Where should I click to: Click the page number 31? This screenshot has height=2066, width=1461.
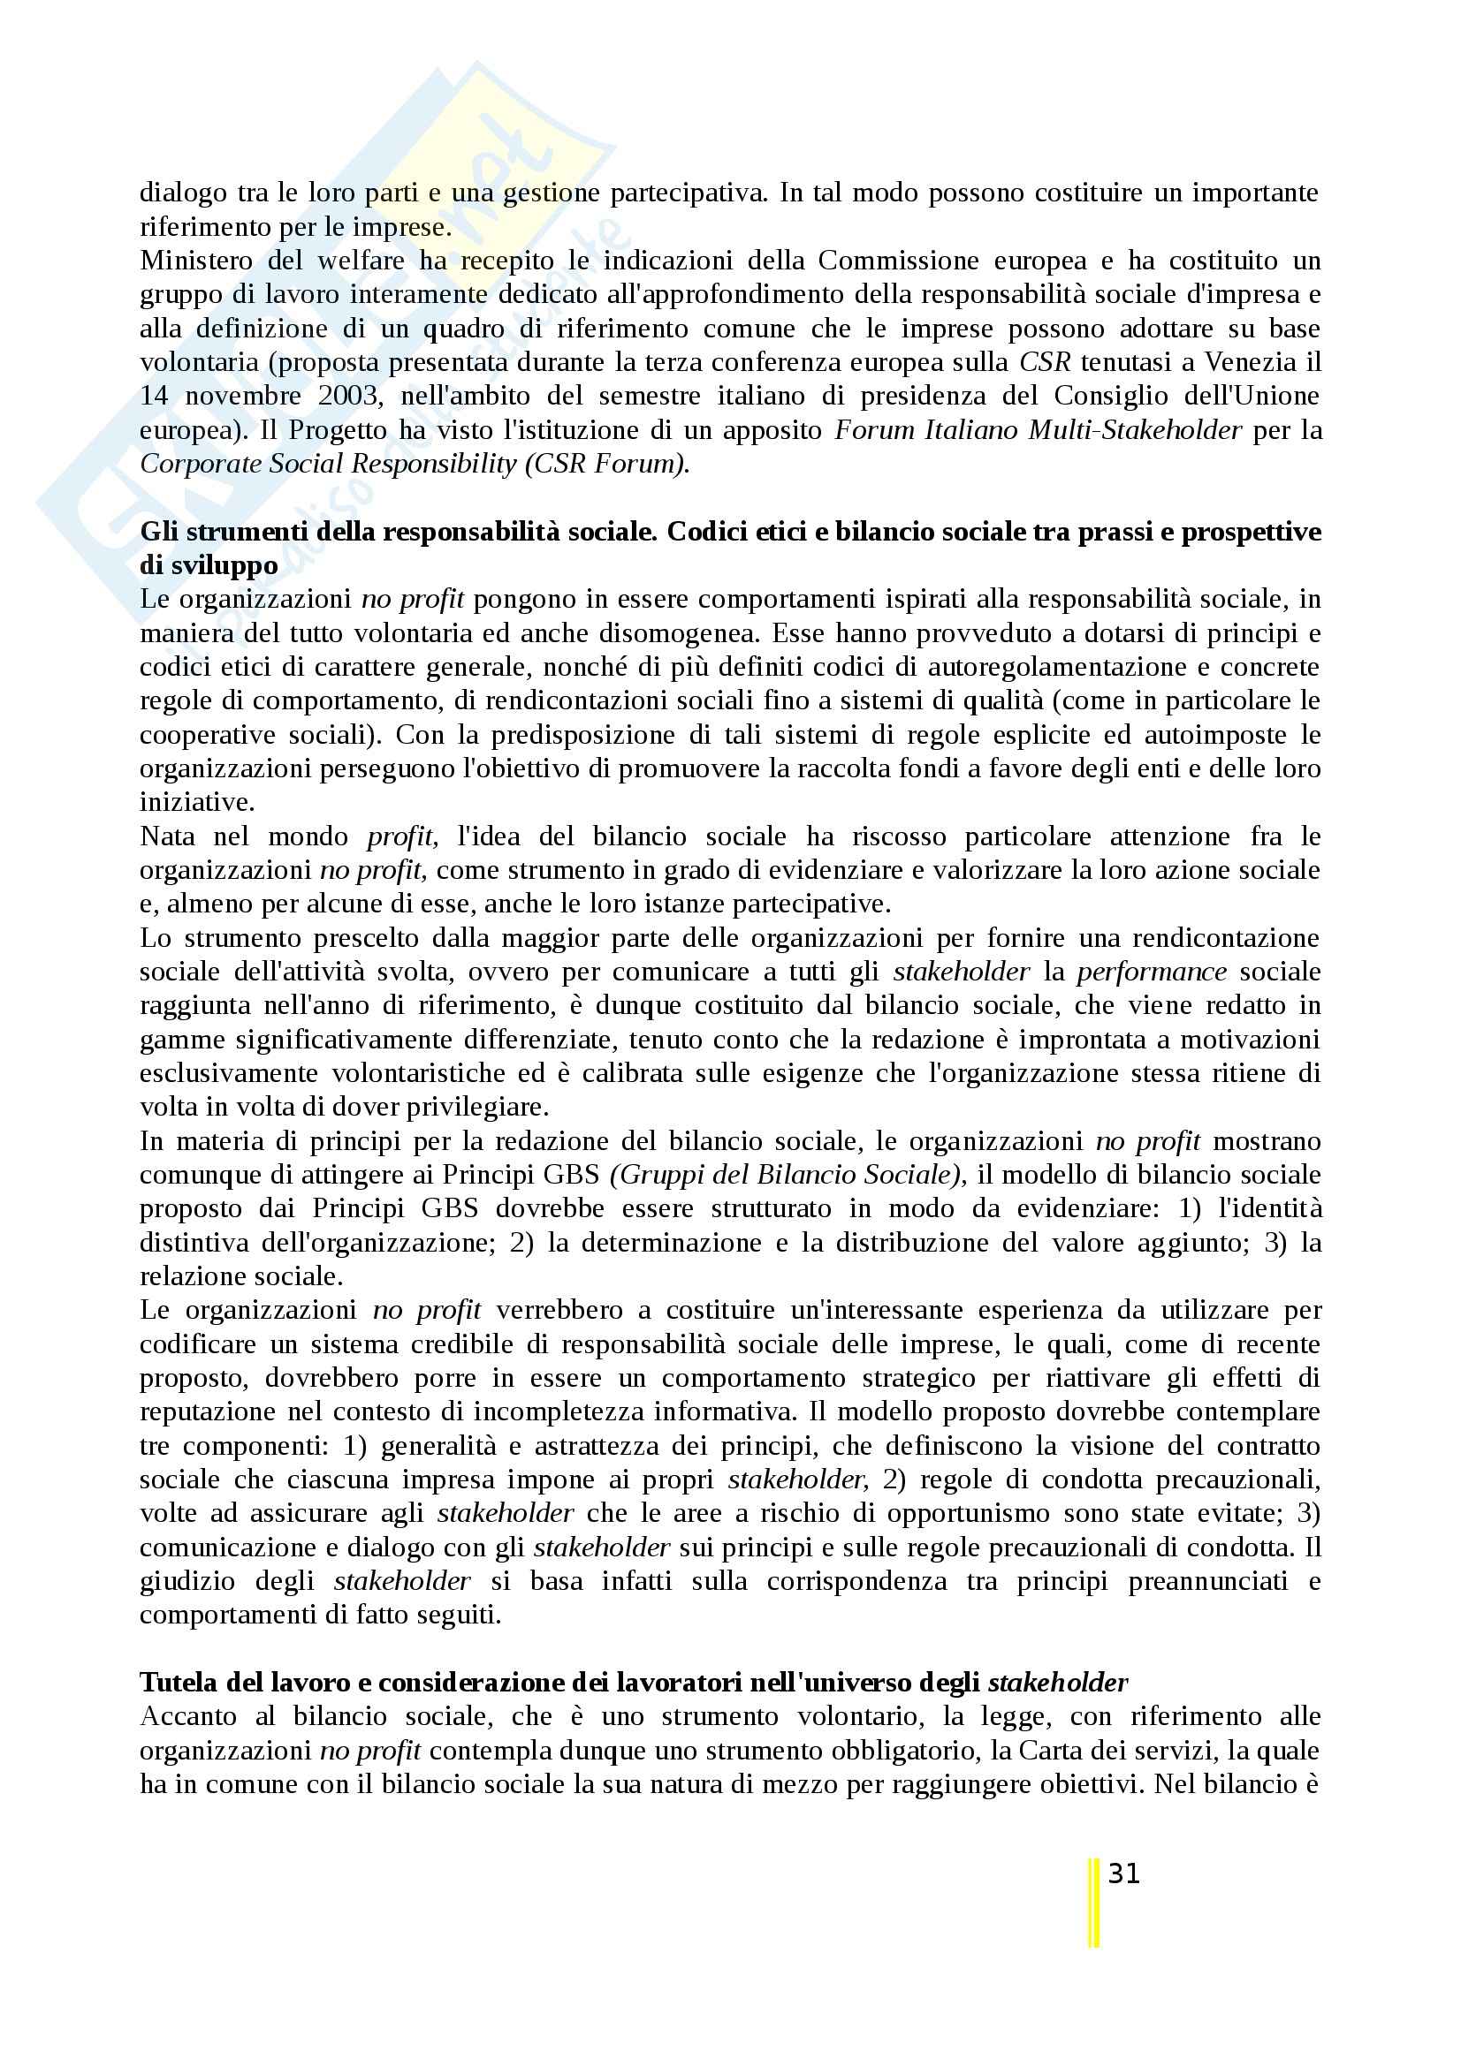1124,1873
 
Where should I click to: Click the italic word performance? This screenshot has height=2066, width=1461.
1152,972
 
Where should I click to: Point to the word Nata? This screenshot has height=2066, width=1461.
167,836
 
